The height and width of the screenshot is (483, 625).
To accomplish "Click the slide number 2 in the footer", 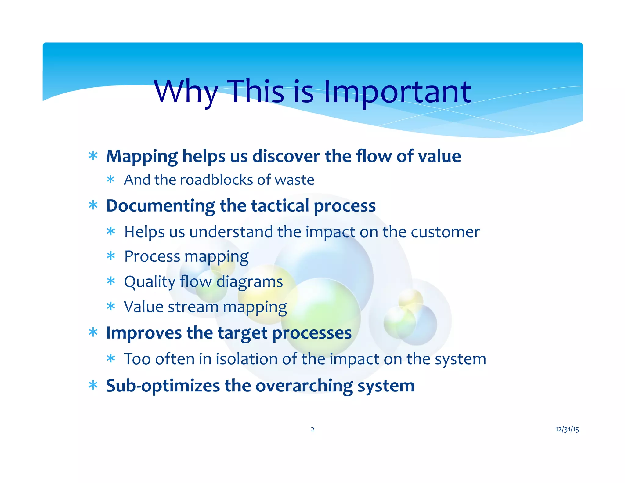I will click(x=312, y=429).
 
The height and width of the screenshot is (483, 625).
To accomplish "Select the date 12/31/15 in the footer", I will click(x=567, y=429).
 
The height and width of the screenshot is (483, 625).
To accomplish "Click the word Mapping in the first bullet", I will click(x=142, y=156).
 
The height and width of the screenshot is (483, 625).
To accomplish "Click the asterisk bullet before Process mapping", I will click(x=111, y=256).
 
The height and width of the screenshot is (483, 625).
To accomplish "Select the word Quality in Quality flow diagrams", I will click(x=149, y=281).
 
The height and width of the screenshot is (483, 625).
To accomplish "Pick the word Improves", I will click(x=144, y=333).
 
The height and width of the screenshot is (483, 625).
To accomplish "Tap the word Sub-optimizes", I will click(x=163, y=386).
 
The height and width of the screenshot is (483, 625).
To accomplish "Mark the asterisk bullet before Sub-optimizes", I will click(x=93, y=386).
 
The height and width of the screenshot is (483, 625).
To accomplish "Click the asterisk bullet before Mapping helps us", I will click(x=93, y=156).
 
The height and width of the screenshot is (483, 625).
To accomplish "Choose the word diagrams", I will click(x=249, y=281).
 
